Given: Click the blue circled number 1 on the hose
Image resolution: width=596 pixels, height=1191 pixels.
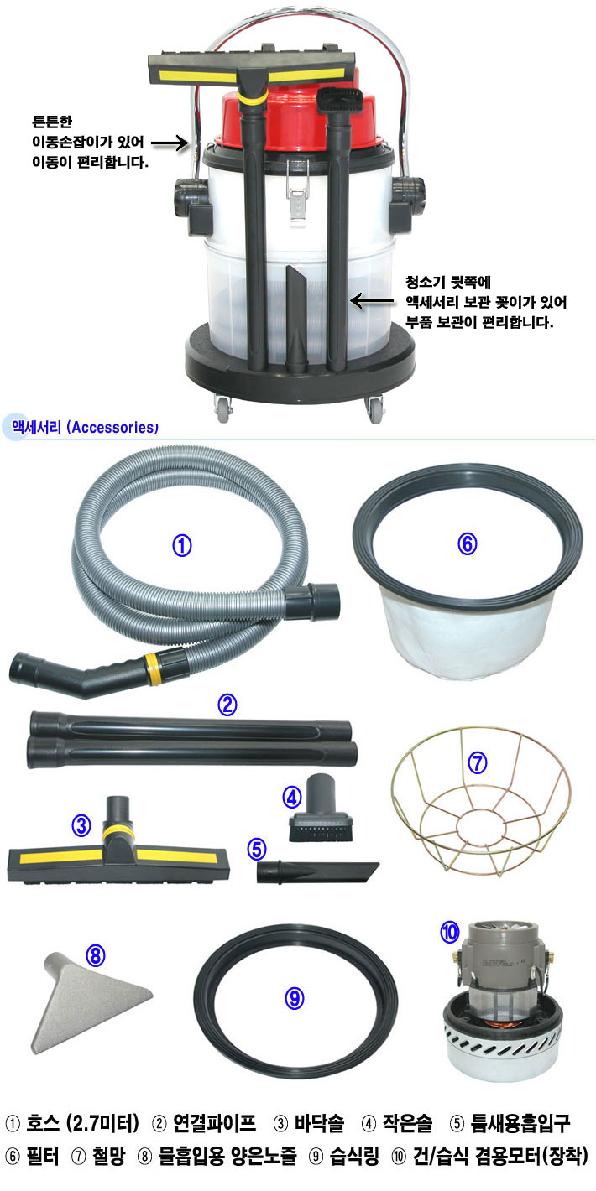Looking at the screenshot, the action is tap(182, 546).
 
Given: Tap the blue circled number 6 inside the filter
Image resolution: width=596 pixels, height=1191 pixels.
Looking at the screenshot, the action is tap(468, 543).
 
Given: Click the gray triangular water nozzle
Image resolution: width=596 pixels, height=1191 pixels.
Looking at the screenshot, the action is tap(91, 1000).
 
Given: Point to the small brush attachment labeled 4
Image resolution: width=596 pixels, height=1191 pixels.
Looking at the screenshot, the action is tap(321, 808).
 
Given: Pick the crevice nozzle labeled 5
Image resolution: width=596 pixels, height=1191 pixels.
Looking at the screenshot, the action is tap(317, 872).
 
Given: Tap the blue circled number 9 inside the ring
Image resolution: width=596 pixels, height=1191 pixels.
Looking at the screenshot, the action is tap(295, 999).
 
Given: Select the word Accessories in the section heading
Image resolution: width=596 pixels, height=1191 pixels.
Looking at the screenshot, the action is tap(113, 428).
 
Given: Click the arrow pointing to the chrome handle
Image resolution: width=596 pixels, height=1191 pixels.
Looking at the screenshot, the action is tap(170, 143).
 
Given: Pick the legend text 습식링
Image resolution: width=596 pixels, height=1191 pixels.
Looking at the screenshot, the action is tap(354, 1156).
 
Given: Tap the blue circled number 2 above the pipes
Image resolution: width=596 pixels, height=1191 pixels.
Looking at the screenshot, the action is tap(227, 705).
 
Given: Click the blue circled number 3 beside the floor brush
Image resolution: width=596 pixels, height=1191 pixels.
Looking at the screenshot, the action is tap(81, 825).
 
